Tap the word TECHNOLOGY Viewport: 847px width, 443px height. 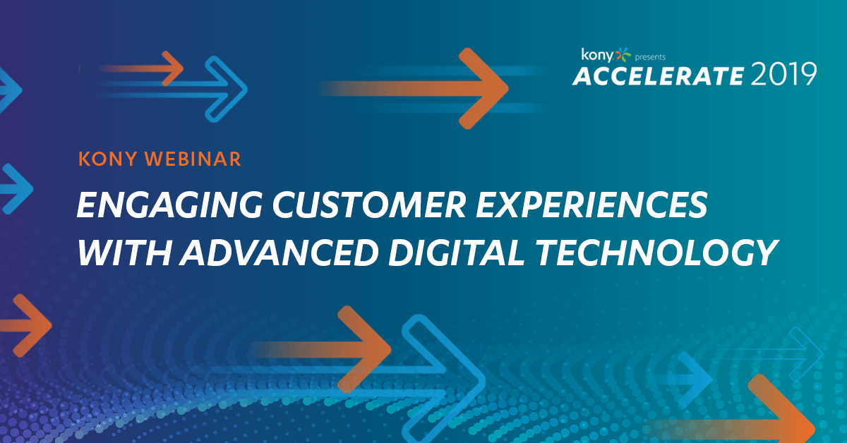click(656, 253)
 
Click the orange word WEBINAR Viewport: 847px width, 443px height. click(193, 159)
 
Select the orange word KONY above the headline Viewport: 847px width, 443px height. click(107, 159)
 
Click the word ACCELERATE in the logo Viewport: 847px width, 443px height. click(659, 75)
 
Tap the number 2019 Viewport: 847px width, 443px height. click(783, 75)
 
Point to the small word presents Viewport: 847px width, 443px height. click(650, 57)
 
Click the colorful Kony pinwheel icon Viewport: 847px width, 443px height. click(623, 55)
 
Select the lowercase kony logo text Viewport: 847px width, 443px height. click(597, 55)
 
